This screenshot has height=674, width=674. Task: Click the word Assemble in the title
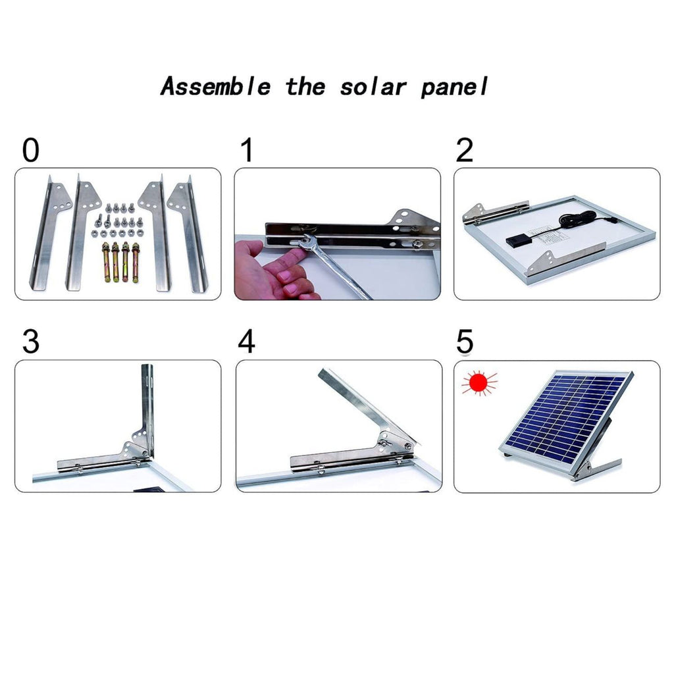click(215, 86)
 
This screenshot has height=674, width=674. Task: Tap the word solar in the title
click(373, 87)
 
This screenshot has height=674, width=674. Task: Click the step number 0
click(30, 150)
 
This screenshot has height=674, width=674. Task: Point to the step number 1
click(247, 150)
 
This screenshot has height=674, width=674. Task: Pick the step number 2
click(464, 150)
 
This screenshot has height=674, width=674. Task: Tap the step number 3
click(30, 342)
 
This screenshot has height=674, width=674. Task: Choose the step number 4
click(247, 342)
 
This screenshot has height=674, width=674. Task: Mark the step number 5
click(465, 342)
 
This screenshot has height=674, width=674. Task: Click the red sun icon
click(479, 382)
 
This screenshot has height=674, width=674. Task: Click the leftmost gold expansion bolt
click(106, 262)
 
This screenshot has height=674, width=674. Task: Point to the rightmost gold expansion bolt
click(136, 262)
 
